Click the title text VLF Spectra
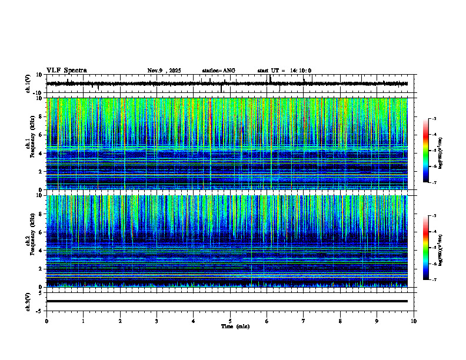tap(66, 71)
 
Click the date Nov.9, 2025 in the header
tap(164, 71)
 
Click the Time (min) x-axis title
tap(235, 326)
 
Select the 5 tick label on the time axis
tap(230, 321)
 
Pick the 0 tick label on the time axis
tap(46, 321)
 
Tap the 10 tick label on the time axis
tap(414, 321)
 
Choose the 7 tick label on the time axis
tap(304, 321)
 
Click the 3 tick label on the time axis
tap(157, 321)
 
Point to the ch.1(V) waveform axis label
tap(28, 84)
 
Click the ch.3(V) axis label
tap(28, 301)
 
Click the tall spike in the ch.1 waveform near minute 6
tap(269, 78)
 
